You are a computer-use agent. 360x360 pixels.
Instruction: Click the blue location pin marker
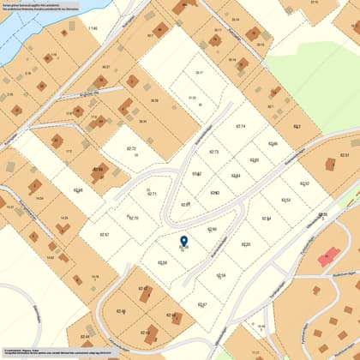[x=183, y=242]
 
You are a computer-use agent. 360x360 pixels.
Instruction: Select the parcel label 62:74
[x=240, y=126]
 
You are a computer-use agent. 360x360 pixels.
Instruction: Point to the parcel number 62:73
[x=214, y=152]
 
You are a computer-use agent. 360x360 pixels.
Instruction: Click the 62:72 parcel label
[x=131, y=149]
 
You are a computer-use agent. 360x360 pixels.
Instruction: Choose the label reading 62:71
[x=152, y=194]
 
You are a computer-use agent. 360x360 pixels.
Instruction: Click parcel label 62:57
[x=202, y=305]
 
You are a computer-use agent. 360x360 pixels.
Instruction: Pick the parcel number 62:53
[x=285, y=200]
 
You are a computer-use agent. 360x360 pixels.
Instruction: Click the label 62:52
[x=304, y=183]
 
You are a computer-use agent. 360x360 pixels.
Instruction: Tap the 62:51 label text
[x=344, y=155]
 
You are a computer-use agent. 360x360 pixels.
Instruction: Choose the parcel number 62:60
[x=212, y=230]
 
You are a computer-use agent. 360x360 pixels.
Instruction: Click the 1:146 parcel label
[x=93, y=28]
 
